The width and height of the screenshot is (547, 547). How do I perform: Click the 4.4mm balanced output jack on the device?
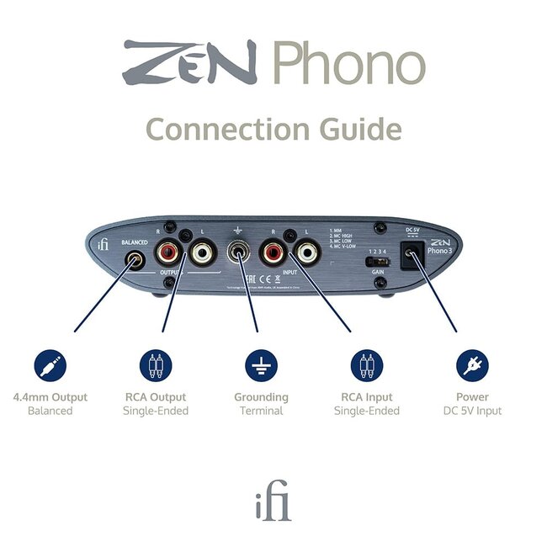135,261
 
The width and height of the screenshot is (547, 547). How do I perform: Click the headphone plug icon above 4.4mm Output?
51,365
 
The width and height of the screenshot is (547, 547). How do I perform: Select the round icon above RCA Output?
155,365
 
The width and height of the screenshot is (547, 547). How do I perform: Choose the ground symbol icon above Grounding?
261,365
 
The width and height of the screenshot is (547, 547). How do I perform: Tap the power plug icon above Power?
472,365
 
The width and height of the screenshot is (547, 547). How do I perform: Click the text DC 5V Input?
472,411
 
